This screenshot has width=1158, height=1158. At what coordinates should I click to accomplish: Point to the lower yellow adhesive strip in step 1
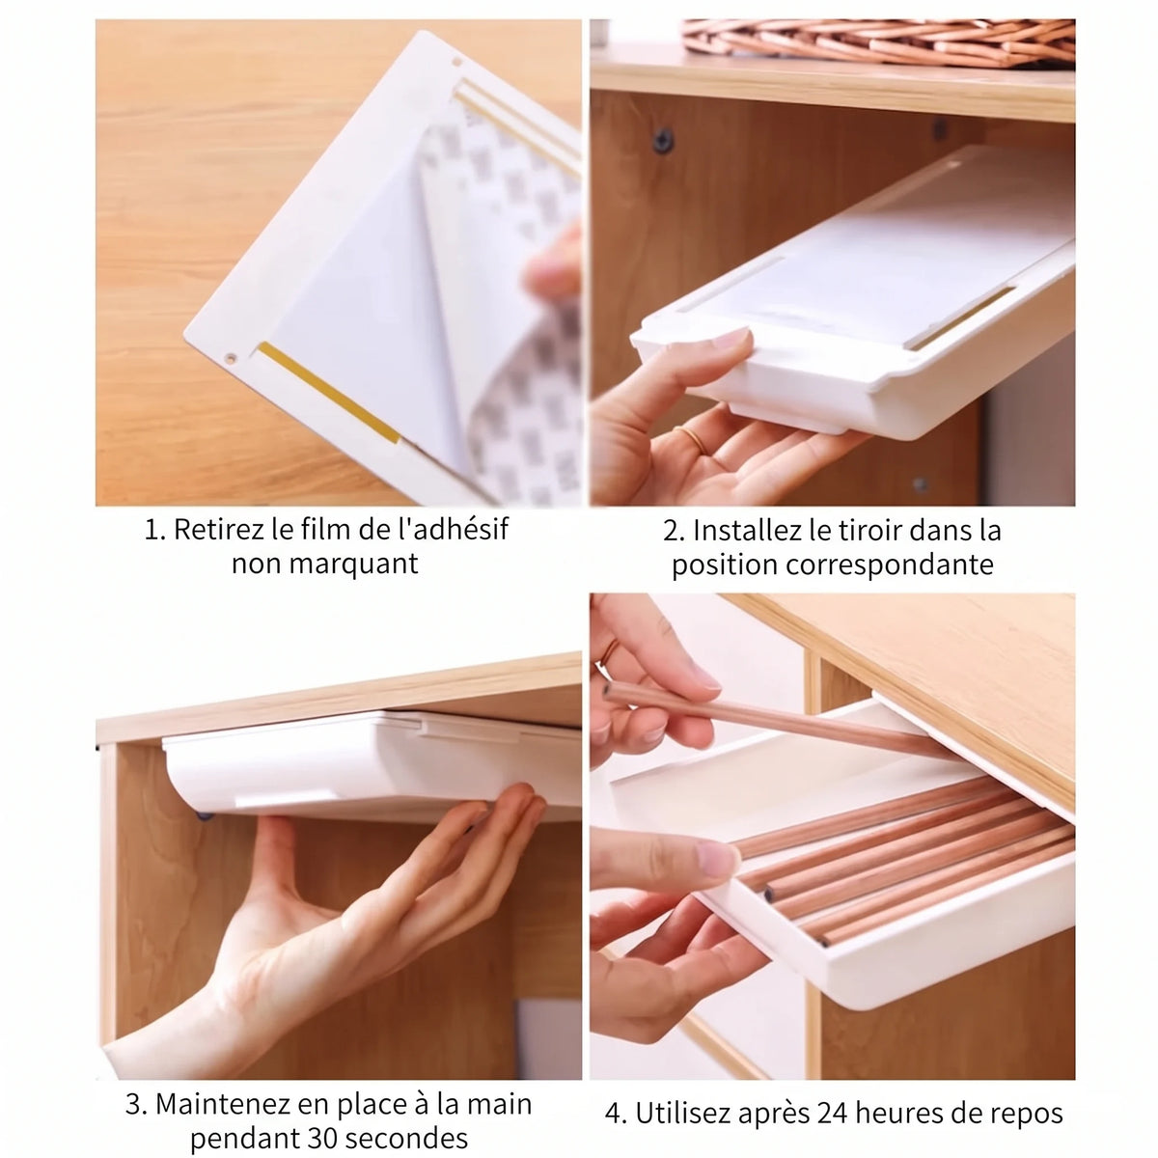pyautogui.click(x=329, y=392)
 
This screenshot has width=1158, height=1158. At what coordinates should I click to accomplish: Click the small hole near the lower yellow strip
pyautogui.click(x=229, y=359)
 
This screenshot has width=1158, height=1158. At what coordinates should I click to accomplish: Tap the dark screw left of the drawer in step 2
pyautogui.click(x=663, y=139)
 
